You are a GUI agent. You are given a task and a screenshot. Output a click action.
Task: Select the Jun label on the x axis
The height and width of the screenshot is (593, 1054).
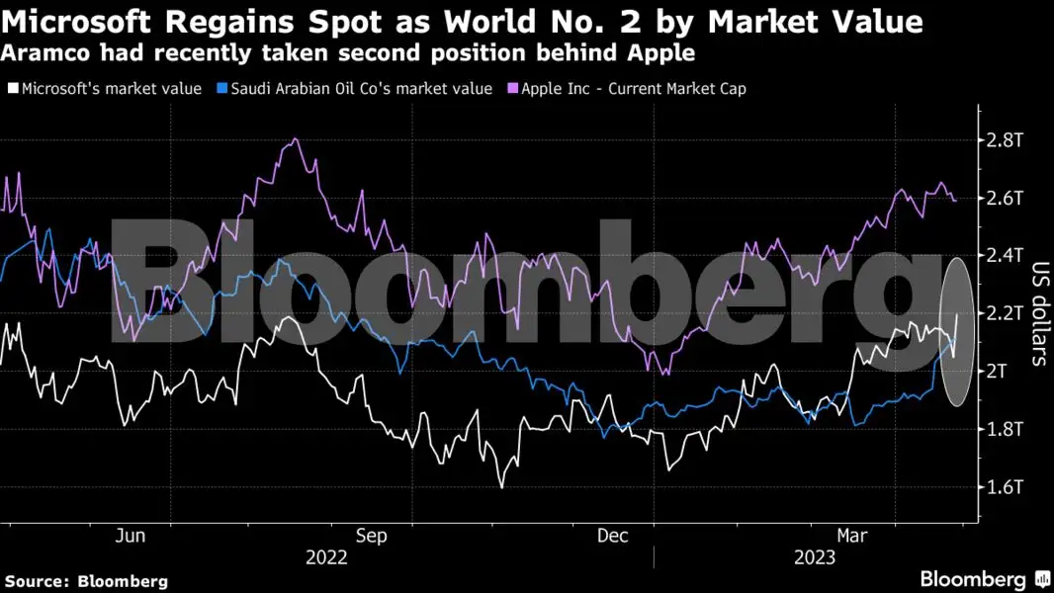tap(131, 536)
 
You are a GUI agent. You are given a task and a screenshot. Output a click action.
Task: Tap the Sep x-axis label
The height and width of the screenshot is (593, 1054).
tap(372, 536)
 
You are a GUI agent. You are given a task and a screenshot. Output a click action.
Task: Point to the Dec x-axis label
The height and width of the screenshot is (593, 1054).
tap(613, 536)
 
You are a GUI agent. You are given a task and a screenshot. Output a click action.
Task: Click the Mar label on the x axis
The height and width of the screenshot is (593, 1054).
tap(852, 536)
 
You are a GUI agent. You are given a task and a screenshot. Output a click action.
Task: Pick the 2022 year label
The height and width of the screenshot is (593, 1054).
tap(326, 557)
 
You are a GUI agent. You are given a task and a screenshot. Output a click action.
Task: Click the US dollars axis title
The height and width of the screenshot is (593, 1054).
tap(1039, 313)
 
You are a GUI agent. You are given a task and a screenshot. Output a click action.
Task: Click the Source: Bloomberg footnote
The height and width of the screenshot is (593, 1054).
tap(86, 581)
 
